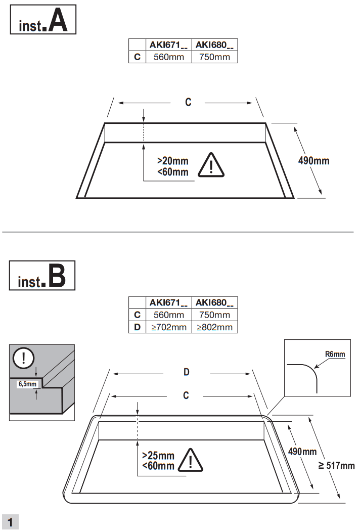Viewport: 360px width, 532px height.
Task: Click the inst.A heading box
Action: [43, 20]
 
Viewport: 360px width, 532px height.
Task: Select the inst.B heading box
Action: [42, 276]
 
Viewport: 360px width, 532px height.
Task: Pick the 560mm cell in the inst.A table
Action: [169, 57]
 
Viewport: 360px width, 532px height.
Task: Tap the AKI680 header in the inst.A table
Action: [214, 45]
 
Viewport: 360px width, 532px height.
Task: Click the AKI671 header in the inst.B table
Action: [169, 303]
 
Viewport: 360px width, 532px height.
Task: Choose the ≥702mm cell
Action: [169, 327]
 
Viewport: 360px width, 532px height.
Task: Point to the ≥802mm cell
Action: [214, 327]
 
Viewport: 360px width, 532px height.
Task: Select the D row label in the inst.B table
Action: [137, 327]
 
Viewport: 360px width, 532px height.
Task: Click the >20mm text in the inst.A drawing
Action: [172, 161]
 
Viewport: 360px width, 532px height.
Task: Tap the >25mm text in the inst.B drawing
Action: [158, 455]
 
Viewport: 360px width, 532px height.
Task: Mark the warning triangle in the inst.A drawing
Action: [211, 165]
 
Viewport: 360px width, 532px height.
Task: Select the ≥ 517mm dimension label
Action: [336, 466]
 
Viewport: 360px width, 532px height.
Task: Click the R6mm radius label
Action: [335, 354]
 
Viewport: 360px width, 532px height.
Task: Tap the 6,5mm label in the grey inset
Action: [28, 384]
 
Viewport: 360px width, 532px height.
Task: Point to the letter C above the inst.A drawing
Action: [188, 103]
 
